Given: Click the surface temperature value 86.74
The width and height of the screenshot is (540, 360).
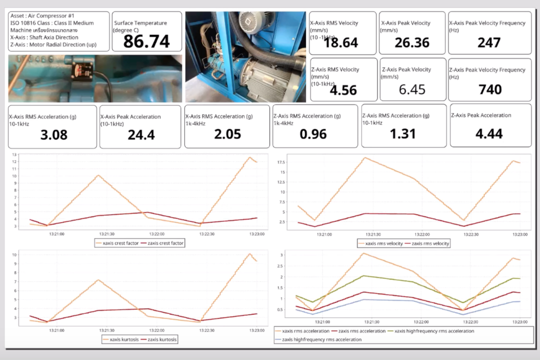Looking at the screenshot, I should pyautogui.click(x=146, y=41).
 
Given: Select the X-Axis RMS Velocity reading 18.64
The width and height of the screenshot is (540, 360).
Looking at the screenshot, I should pyautogui.click(x=341, y=43).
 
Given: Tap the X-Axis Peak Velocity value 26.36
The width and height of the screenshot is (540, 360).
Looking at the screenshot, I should pyautogui.click(x=412, y=43).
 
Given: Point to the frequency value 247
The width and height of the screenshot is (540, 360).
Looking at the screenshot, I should pyautogui.click(x=489, y=42).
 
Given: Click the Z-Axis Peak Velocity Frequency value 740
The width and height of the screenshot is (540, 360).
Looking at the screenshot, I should pyautogui.click(x=490, y=89).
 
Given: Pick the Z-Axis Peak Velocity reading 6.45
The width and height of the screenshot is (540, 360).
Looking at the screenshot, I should pyautogui.click(x=412, y=89).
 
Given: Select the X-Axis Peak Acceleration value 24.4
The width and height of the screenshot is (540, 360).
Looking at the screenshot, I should pyautogui.click(x=141, y=135).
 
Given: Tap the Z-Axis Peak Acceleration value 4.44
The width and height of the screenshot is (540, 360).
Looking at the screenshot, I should pyautogui.click(x=489, y=133).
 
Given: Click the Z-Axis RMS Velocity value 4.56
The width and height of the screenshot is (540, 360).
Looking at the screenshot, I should pyautogui.click(x=343, y=90).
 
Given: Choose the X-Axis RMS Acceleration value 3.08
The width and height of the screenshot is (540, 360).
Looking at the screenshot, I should pyautogui.click(x=53, y=135).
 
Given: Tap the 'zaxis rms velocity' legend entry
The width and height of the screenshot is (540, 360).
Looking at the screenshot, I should pyautogui.click(x=427, y=243).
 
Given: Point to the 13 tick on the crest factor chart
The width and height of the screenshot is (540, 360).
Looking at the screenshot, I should pyautogui.click(x=14, y=154).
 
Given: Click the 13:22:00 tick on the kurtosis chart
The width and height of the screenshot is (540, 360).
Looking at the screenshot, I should pyautogui.click(x=156, y=330).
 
